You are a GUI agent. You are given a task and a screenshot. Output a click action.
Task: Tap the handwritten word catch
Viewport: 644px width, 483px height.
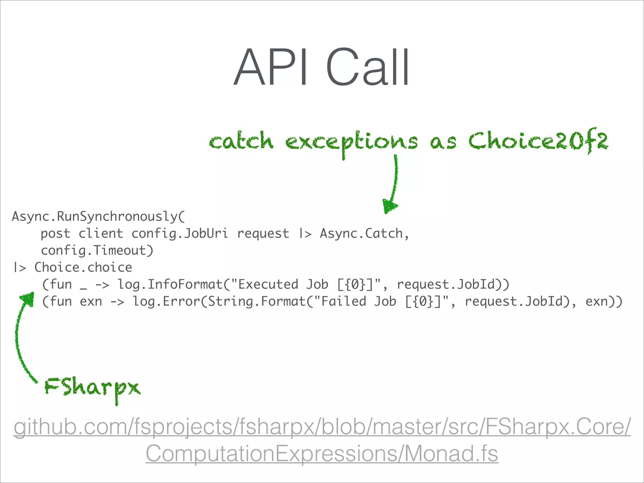pos(241,141)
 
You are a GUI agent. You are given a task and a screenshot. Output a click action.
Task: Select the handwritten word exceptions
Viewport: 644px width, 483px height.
pos(352,142)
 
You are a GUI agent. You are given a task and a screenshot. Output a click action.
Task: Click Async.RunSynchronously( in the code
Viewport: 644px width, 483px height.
pos(98,217)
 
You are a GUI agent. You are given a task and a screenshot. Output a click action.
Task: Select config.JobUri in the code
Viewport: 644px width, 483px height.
pos(180,234)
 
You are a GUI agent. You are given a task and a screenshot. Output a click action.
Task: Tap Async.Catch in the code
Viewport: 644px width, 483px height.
pos(361,234)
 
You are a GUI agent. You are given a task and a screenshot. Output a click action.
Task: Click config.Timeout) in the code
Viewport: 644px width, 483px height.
pos(97,251)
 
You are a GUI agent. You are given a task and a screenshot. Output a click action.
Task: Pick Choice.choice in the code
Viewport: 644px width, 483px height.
pos(83,268)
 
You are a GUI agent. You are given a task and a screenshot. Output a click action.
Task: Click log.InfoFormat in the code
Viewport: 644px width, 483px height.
pos(170,285)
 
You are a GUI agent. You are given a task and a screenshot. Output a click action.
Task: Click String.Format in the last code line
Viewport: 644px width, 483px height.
pos(256,302)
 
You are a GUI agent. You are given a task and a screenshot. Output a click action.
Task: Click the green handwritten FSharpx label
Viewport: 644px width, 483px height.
pos(92,387)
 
